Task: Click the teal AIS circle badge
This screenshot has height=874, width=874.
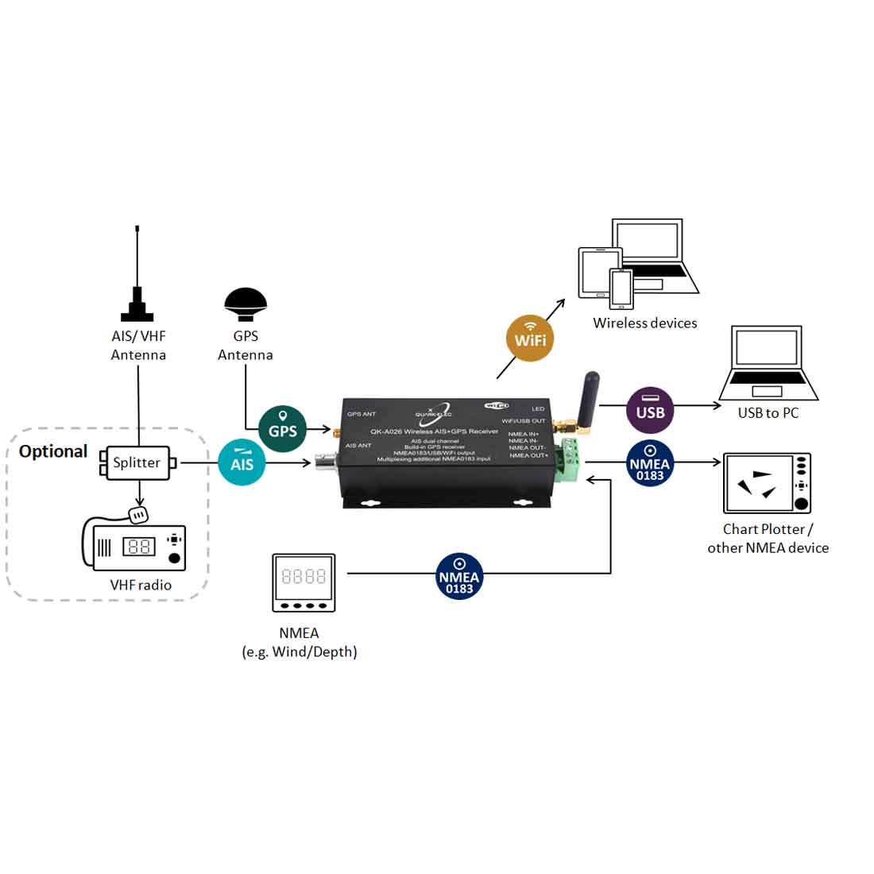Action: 242,462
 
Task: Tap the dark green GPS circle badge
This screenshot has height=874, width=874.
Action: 283,429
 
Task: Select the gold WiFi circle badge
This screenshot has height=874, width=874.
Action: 530,339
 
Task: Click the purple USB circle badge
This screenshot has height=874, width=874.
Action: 650,411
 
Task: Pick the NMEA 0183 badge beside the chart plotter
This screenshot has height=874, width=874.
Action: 650,463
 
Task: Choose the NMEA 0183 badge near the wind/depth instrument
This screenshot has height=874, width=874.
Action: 459,576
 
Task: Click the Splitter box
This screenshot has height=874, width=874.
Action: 137,462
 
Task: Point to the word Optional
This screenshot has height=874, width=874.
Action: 53,451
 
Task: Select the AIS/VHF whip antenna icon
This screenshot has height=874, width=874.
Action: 138,278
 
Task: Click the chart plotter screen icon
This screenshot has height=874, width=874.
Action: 767,484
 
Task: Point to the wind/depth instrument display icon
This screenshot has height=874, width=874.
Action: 304,582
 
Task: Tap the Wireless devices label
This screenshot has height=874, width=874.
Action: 644,323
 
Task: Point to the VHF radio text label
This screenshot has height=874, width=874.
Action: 141,585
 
